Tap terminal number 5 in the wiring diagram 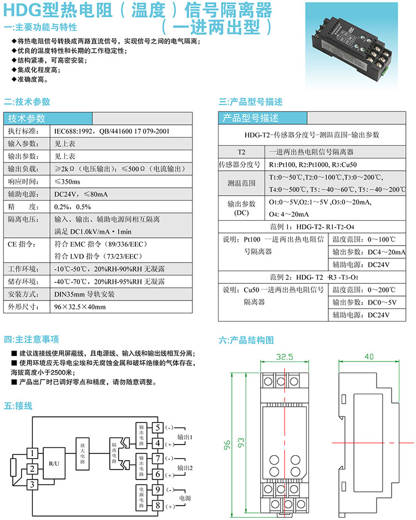coord(158,427)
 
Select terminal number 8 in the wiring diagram coord(158,506)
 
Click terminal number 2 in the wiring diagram coord(33,470)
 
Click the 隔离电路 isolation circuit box coord(114,448)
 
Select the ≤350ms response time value coord(67,181)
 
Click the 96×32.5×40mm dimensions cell coord(79,307)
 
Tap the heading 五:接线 coord(18,406)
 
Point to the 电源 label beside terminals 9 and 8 coord(184,498)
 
